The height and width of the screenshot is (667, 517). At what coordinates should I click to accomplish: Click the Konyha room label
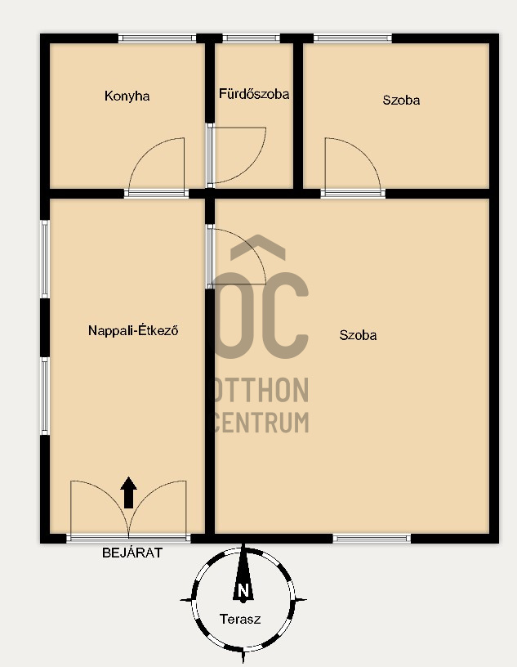127,96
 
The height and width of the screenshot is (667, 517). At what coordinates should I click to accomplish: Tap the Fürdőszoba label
254,93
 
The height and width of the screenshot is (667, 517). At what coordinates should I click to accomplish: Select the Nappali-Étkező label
133,330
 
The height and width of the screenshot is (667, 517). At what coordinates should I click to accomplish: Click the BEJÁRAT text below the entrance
132,553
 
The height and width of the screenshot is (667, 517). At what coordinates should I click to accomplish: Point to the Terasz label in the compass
240,619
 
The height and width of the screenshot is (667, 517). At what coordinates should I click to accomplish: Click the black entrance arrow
128,493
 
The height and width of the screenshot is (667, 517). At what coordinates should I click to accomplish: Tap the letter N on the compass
243,590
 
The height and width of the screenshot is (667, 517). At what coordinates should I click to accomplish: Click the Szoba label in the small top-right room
401,100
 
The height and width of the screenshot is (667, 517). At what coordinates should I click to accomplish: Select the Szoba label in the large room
358,335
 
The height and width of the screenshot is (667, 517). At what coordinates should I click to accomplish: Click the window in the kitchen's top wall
157,38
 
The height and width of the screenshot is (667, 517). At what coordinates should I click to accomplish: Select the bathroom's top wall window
252,38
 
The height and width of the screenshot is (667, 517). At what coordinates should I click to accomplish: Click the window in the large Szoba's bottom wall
372,539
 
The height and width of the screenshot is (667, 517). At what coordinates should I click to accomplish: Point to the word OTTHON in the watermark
261,390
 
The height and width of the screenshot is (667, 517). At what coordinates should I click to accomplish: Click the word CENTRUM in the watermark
261,422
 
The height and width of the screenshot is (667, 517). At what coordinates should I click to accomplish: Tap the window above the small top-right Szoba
353,38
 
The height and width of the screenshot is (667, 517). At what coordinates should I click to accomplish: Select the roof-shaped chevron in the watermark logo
258,247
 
